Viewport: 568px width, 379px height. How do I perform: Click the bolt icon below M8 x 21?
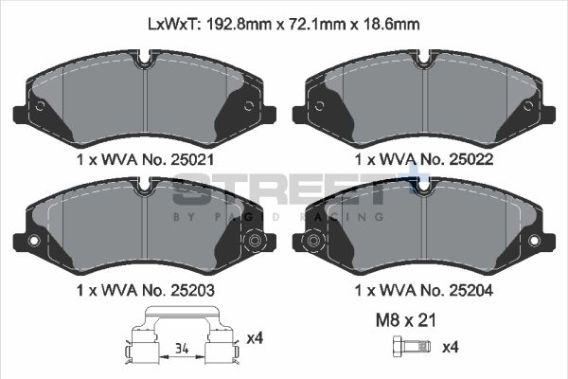tap(403, 348)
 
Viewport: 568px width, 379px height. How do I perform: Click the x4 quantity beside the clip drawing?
tap(254, 337)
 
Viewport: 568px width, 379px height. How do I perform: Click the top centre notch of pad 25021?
tap(144, 63)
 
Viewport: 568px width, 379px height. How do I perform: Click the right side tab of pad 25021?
tap(269, 115)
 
